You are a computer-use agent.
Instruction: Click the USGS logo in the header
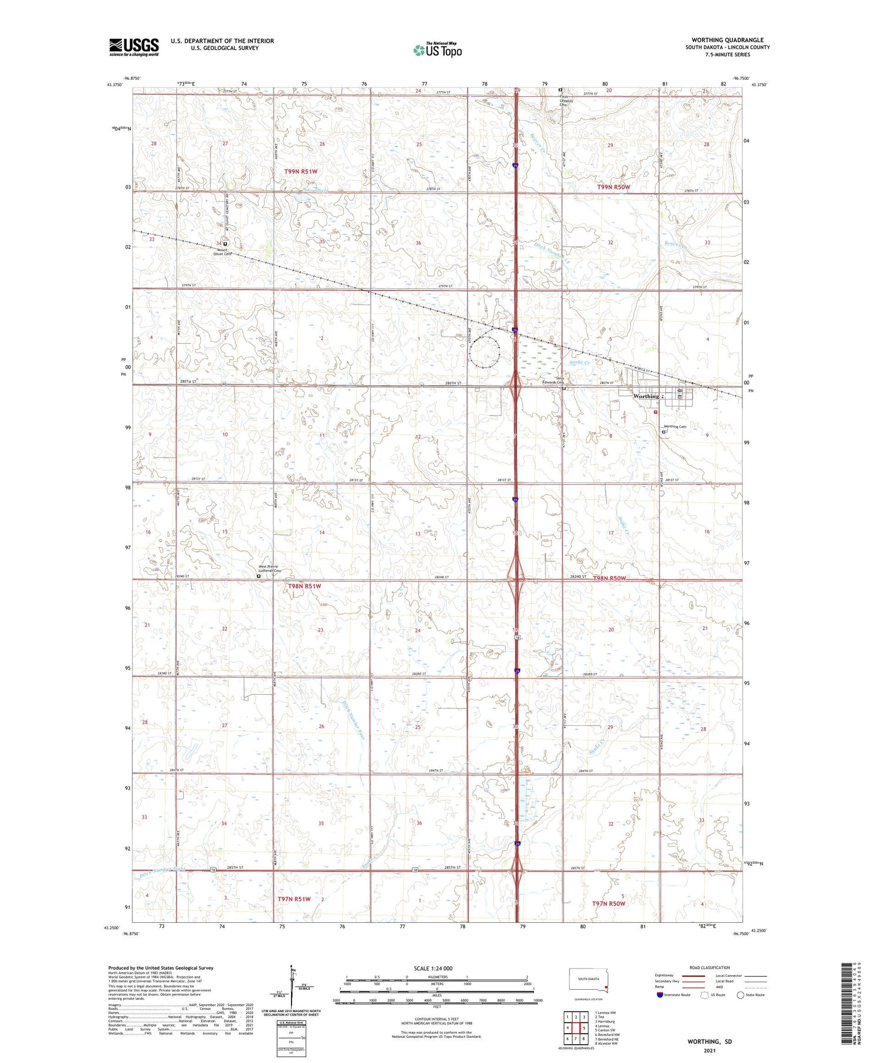pyautogui.click(x=134, y=47)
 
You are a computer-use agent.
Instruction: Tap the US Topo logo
pyautogui.click(x=437, y=50)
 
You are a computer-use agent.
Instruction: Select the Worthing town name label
pyautogui.click(x=646, y=396)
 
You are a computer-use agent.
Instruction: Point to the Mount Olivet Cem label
pyautogui.click(x=224, y=252)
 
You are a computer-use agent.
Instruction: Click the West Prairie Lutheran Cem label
pyautogui.click(x=270, y=568)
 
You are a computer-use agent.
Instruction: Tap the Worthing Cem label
pyautogui.click(x=675, y=427)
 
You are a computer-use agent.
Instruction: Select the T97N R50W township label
pyautogui.click(x=608, y=904)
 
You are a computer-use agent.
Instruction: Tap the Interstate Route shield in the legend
pyautogui.click(x=659, y=995)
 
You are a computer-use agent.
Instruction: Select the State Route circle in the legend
pyautogui.click(x=740, y=995)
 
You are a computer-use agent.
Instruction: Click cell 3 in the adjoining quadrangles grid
pyautogui.click(x=584, y=1017)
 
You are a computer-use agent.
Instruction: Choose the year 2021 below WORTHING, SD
pyautogui.click(x=710, y=1050)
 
